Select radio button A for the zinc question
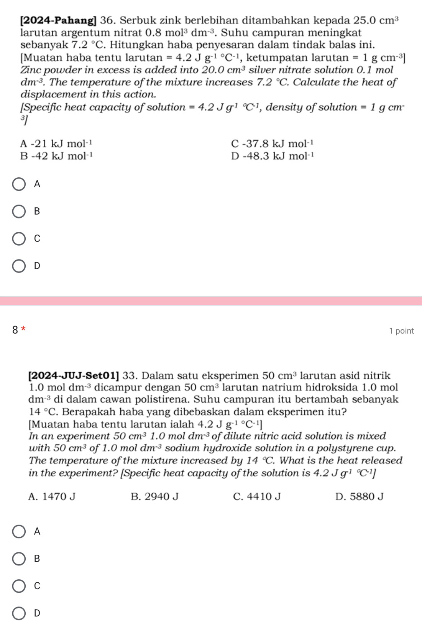[x=19, y=184]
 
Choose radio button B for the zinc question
[x=19, y=212]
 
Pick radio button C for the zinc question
[x=19, y=239]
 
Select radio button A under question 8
[x=19, y=532]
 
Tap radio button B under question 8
[x=19, y=559]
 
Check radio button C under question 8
[x=19, y=586]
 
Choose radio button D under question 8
[x=19, y=613]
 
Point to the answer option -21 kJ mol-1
[x=56, y=144]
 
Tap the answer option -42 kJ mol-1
[x=56, y=156]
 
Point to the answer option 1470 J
[x=52, y=497]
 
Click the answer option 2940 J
[x=154, y=497]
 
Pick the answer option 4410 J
[x=257, y=497]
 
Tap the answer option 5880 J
[x=359, y=497]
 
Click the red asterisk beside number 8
[x=24, y=329]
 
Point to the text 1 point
[x=401, y=331]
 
